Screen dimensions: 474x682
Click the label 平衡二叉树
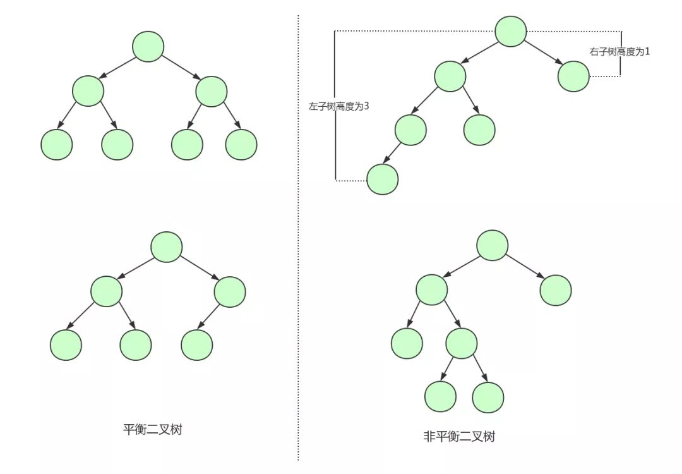(x=152, y=430)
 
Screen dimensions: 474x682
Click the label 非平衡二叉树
(x=459, y=437)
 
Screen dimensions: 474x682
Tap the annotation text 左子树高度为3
(x=338, y=107)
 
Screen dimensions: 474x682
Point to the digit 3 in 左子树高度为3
(x=366, y=107)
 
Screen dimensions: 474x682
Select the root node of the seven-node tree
(x=148, y=47)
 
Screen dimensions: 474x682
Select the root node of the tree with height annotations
(x=511, y=31)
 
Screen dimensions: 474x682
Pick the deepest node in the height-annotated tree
(x=383, y=179)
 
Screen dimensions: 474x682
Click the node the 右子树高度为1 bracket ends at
(x=574, y=77)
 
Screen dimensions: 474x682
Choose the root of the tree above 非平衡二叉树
(x=492, y=245)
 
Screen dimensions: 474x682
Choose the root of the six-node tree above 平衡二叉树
(x=167, y=247)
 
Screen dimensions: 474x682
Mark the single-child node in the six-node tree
(x=230, y=292)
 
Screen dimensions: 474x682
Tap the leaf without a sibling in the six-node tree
(x=197, y=345)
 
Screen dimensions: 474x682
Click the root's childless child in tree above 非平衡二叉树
(x=556, y=290)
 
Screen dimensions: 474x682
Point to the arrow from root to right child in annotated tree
(x=543, y=52)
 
